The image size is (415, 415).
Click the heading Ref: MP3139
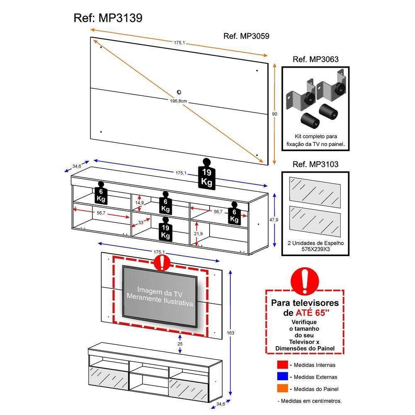(108, 18)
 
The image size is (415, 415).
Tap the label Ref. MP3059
(246, 36)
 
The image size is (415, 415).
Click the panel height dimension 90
(274, 114)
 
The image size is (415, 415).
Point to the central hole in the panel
(179, 92)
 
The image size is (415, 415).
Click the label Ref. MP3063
(315, 59)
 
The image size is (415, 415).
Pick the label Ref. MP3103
(315, 164)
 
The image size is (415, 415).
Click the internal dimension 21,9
(198, 234)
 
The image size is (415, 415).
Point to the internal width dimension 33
(141, 223)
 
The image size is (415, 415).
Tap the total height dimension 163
(231, 332)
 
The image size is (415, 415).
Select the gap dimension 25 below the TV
(179, 344)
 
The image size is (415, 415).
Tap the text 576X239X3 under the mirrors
(315, 250)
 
